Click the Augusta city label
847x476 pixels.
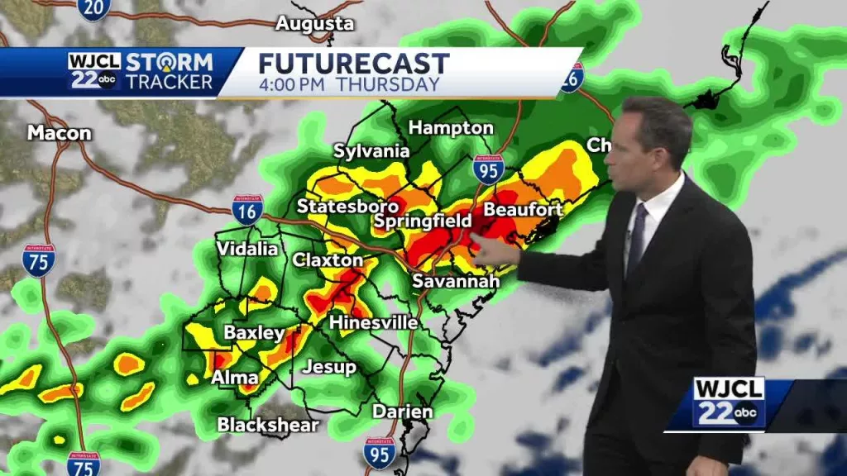314,24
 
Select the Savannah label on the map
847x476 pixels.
456,282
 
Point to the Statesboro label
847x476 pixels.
347,206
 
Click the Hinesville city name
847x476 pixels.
373,322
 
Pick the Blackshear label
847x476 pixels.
267,425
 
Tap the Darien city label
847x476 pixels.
402,412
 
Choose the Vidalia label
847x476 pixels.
248,249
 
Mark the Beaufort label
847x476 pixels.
523,210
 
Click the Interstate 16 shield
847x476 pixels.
247,210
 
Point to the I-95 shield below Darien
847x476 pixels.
380,453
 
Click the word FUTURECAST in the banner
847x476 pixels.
354,64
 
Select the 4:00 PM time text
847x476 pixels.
294,84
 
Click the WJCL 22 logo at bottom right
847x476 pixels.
729,402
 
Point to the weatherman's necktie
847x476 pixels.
637,240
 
